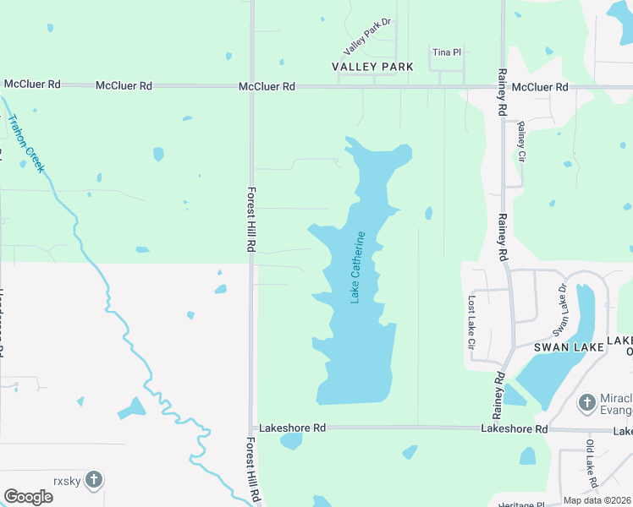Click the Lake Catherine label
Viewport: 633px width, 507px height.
361,267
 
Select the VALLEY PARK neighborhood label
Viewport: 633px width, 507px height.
372,66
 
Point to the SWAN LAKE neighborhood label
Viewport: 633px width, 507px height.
568,347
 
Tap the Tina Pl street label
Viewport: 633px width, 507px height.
446,52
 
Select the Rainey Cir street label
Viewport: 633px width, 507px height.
521,141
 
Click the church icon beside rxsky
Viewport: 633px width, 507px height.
94,480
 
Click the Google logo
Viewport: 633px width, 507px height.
28,497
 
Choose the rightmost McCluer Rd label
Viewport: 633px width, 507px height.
540,87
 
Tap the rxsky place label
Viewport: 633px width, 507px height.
65,480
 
